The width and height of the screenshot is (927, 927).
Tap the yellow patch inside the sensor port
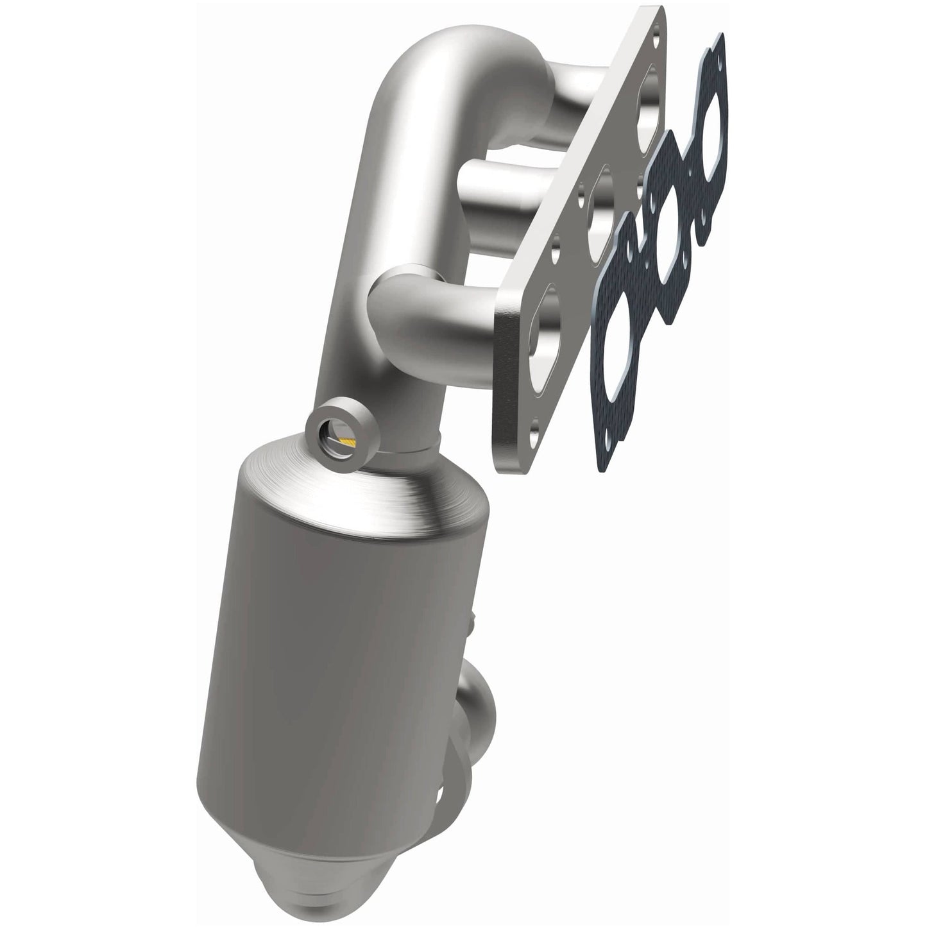coord(347,441)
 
